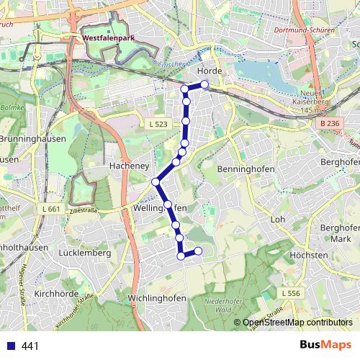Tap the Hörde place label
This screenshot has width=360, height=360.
pyautogui.click(x=208, y=71)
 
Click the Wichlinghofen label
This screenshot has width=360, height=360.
pyautogui.click(x=156, y=298)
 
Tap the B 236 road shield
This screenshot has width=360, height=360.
pyautogui.click(x=330, y=124)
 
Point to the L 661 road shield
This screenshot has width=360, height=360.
pyautogui.click(x=51, y=209)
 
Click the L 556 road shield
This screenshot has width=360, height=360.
pyautogui.click(x=291, y=293)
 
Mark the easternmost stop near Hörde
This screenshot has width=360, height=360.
pyautogui.click(x=204, y=85)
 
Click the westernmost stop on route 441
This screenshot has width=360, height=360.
pyautogui.click(x=155, y=181)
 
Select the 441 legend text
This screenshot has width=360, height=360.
pyautogui.click(x=30, y=346)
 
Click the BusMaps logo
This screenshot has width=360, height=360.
pyautogui.click(x=325, y=345)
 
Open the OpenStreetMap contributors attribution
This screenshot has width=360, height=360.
pyautogui.click(x=297, y=323)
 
